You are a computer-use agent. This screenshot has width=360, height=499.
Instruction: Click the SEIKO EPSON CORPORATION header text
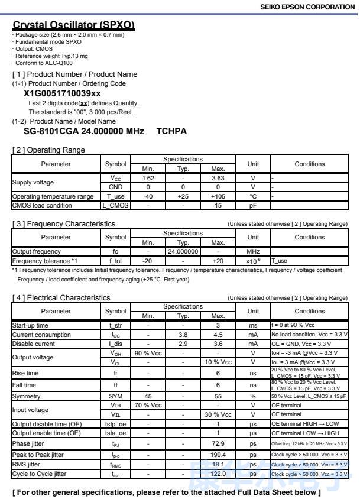tap(312, 7)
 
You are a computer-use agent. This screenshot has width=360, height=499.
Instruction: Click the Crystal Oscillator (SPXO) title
tap(73, 25)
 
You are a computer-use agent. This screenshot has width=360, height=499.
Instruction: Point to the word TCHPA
tap(171, 131)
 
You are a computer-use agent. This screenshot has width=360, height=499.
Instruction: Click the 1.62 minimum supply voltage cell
tap(148, 177)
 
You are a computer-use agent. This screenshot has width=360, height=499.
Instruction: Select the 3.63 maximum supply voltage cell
tap(218, 177)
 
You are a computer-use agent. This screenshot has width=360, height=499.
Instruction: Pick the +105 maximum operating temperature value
tap(218, 196)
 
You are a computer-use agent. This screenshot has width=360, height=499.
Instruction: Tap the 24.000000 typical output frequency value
tap(183, 251)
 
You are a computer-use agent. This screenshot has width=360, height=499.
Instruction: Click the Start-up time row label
tap(31, 325)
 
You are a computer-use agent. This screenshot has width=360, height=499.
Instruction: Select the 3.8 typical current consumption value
tap(183, 334)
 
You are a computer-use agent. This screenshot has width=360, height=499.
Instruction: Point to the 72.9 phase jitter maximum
tap(218, 443)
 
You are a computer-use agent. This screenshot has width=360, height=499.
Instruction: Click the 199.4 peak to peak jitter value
tap(218, 456)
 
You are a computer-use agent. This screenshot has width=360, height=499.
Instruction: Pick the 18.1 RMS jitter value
tap(218, 465)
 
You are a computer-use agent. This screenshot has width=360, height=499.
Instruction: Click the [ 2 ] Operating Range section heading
tap(48, 150)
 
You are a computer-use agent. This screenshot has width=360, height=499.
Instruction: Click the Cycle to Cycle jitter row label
tap(40, 474)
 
